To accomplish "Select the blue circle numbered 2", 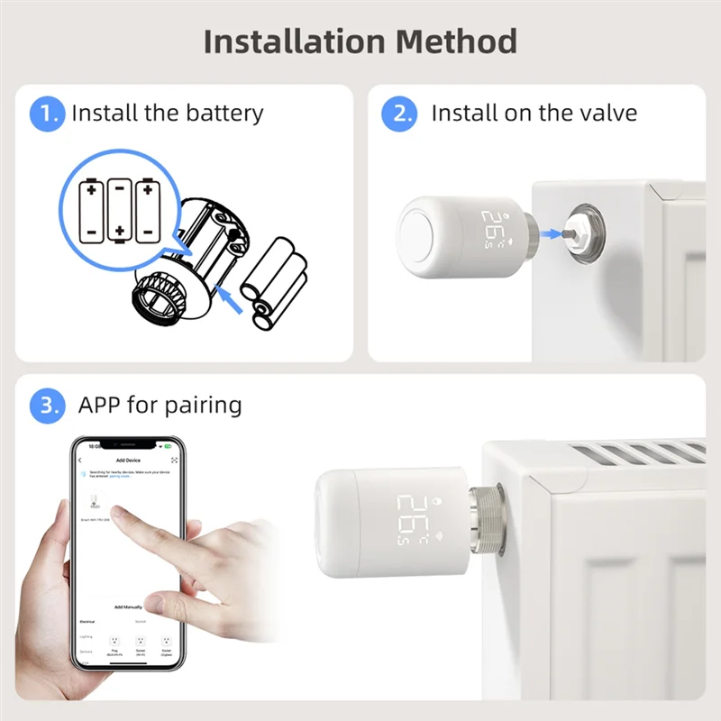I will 399,114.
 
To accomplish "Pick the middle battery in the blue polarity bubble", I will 119,210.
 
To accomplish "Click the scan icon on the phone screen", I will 174,460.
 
